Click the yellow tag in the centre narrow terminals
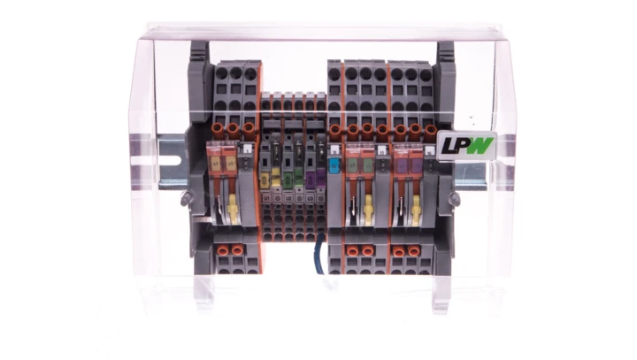tap(276, 181)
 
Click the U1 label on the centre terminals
tap(276, 197)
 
